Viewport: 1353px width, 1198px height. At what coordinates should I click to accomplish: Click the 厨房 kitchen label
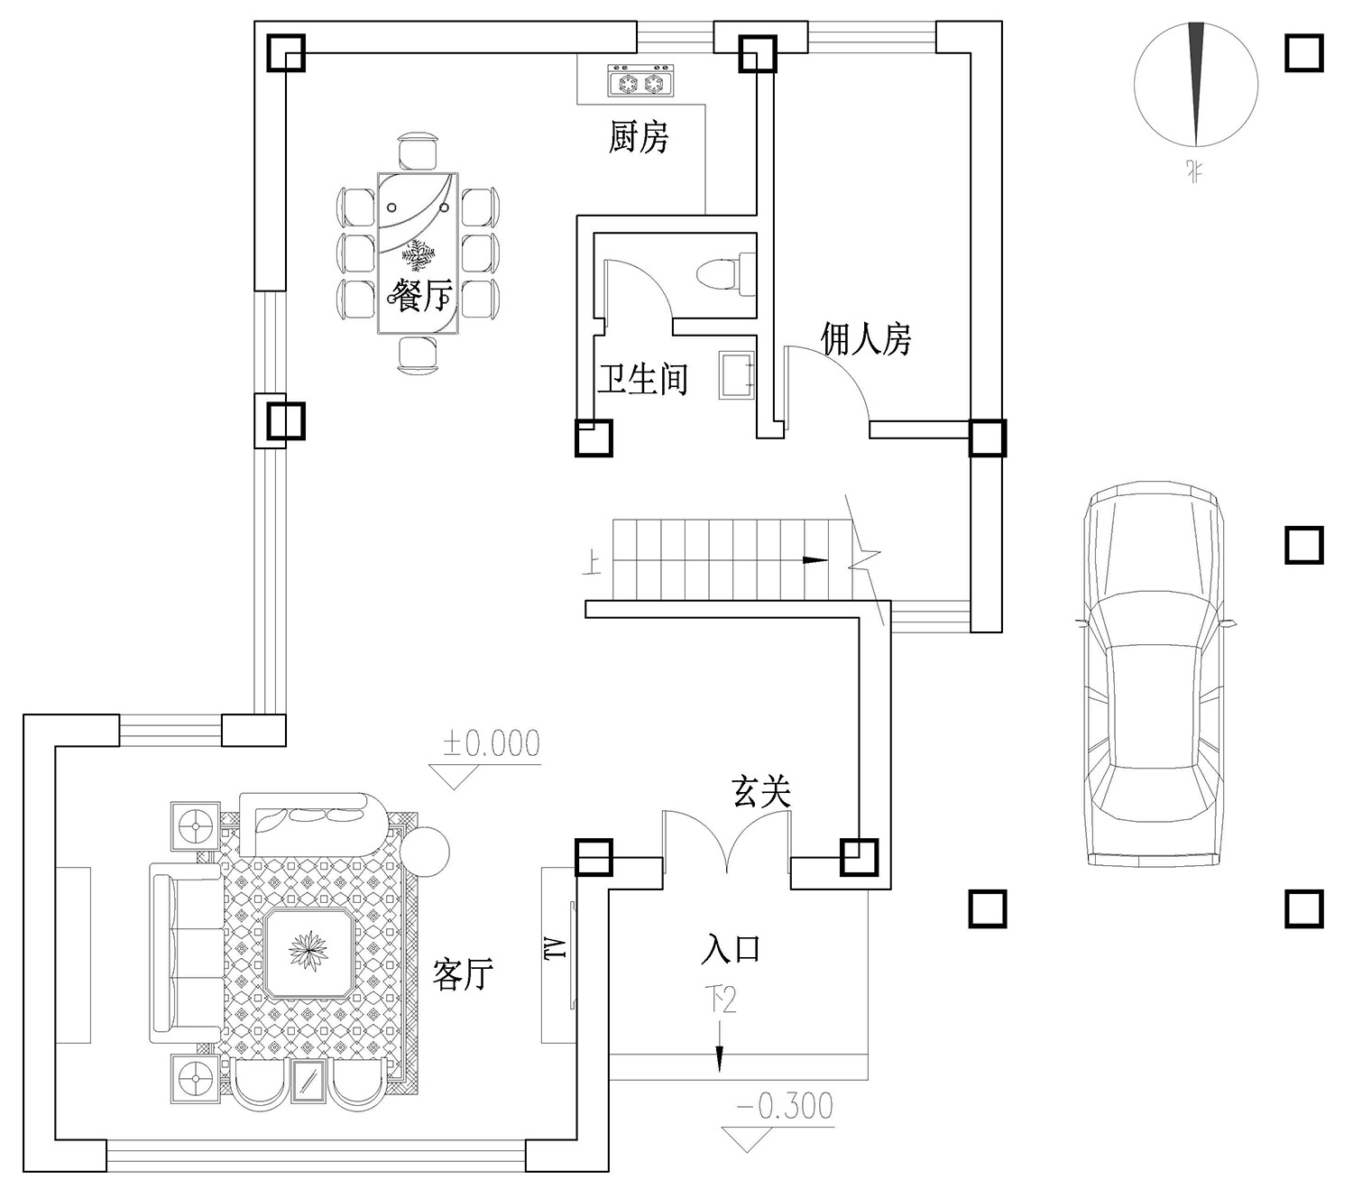point(638,137)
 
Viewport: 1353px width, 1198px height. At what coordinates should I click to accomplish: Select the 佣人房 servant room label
point(866,338)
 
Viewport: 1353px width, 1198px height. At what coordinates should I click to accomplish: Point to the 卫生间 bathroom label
point(642,379)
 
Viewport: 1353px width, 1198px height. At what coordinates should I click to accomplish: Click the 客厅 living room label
point(463,973)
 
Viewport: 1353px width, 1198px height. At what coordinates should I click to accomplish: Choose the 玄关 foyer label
point(761,792)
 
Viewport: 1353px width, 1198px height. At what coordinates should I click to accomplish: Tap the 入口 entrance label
point(731,949)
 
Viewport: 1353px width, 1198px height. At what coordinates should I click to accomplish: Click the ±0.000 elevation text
point(492,742)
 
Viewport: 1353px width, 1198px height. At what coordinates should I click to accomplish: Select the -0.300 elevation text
point(785,1106)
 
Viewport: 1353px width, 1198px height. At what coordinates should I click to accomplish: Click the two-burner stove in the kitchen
point(640,81)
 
